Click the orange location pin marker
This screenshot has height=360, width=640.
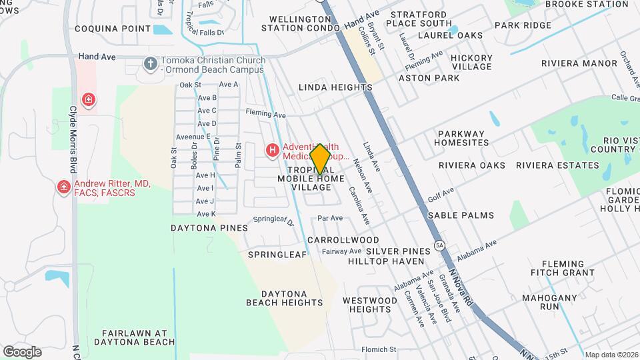point(320,159)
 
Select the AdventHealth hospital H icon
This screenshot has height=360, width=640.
point(272,151)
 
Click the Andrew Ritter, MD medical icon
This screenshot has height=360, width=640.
point(64,187)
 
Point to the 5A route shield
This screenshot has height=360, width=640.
point(439,245)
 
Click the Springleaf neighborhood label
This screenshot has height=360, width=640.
point(277,255)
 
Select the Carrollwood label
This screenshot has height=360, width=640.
point(343,240)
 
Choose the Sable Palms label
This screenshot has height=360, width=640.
point(461,215)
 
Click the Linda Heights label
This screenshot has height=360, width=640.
point(335,87)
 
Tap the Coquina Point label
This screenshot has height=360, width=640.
point(113,29)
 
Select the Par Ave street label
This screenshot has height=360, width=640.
point(330,218)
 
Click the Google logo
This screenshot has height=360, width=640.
point(22,351)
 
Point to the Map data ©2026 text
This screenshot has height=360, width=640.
point(611,355)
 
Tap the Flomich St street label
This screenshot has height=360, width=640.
point(379,349)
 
